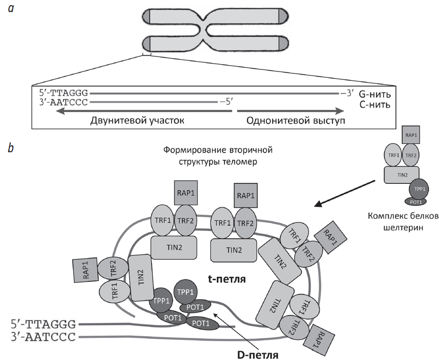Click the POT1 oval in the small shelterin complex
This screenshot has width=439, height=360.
point(414,201)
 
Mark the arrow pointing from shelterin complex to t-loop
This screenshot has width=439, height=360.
point(345,193)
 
